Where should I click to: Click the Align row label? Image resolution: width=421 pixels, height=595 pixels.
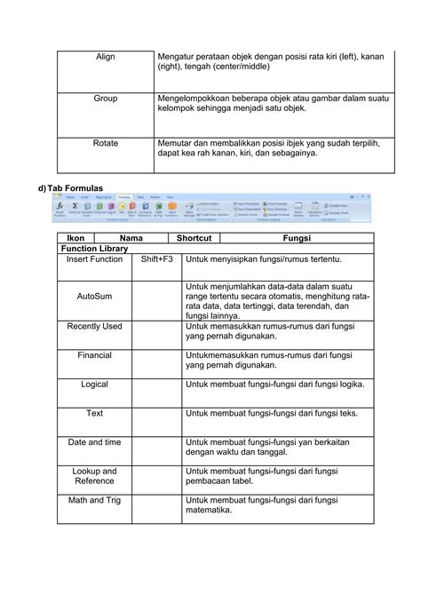(x=106, y=57)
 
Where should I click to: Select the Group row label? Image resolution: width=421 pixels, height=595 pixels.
(x=106, y=99)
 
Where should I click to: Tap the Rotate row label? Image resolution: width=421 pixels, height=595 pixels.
(x=106, y=141)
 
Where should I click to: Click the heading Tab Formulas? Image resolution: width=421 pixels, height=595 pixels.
(x=76, y=188)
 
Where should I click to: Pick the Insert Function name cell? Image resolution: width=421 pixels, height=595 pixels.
(x=94, y=259)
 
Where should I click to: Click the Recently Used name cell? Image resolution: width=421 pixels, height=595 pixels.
(x=94, y=327)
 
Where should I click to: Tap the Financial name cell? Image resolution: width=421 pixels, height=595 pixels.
(x=94, y=354)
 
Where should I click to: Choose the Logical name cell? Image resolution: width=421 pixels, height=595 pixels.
(x=94, y=385)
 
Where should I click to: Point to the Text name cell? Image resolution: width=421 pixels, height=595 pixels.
(x=94, y=413)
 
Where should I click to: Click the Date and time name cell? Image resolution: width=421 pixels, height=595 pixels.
(x=94, y=441)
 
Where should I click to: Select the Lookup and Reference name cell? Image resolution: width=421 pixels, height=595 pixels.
(x=94, y=476)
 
